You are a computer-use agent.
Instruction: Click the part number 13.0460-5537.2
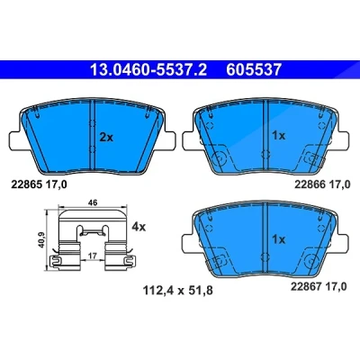tap(148, 69)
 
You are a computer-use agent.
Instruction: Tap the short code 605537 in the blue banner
tap(254, 69)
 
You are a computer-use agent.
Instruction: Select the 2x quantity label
tap(106, 138)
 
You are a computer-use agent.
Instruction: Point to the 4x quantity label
tap(139, 227)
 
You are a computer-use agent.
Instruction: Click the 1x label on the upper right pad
tap(278, 136)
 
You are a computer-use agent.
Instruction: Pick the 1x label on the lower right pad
tap(278, 239)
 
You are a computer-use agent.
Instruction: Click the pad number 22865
tap(26, 184)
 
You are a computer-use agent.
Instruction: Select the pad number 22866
tap(310, 184)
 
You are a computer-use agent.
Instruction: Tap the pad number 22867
tap(306, 286)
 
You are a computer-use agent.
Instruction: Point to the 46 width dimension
tap(93, 202)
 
